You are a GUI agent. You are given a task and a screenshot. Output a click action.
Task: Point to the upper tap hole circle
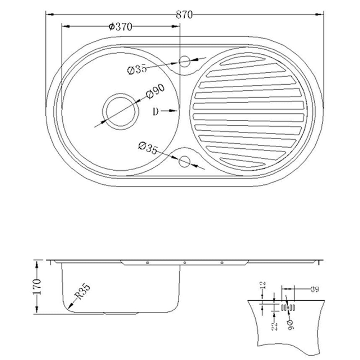pyautogui.click(x=184, y=62)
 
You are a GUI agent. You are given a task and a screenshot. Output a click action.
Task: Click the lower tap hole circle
pyautogui.click(x=184, y=162)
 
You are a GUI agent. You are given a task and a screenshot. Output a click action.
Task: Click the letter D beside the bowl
pyautogui.click(x=156, y=112)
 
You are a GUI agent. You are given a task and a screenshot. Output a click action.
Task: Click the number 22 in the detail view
pyautogui.click(x=275, y=327)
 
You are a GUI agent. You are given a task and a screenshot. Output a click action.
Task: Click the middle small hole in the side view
pyautogui.click(x=184, y=262)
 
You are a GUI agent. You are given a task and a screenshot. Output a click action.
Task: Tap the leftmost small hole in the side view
pyautogui.click(x=147, y=262)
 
